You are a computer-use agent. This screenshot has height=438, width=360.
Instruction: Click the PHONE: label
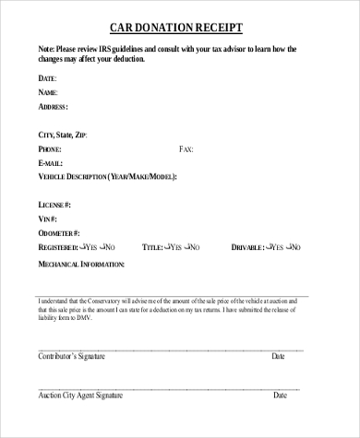pos(51,148)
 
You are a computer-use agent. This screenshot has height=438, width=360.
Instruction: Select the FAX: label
pos(186,148)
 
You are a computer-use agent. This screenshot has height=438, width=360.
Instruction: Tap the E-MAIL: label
pos(52,162)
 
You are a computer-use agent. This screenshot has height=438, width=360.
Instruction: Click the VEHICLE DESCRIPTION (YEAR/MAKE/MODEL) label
pos(107,176)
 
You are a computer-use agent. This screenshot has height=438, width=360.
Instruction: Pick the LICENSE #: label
pos(54,204)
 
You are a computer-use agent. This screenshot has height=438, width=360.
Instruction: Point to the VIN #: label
pos(48,219)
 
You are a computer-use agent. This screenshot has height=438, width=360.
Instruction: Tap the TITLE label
pos(151,247)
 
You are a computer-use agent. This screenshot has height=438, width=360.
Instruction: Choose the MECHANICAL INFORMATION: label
pos(81,264)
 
